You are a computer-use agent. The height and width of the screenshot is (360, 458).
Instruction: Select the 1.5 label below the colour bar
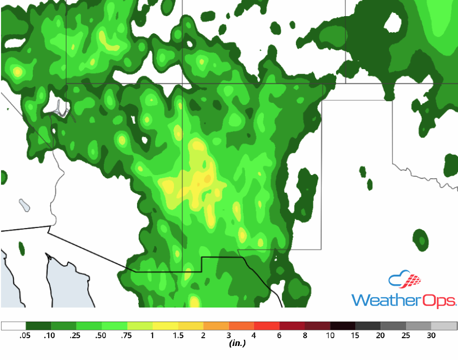pyautogui.click(x=178, y=336)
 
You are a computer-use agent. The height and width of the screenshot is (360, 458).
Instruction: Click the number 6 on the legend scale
pyautogui.click(x=279, y=336)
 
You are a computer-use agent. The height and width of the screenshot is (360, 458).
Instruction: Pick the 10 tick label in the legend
pyautogui.click(x=330, y=336)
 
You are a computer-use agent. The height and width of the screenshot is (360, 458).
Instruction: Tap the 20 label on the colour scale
pyautogui.click(x=381, y=336)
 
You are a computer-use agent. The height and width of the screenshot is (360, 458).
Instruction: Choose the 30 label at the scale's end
pyautogui.click(x=431, y=336)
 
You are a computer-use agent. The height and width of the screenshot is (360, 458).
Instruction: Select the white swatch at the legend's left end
pyautogui.click(x=14, y=326)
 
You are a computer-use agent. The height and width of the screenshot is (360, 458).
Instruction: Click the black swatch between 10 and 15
pyautogui.click(x=343, y=326)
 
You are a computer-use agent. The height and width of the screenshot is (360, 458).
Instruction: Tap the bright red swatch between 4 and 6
pyautogui.click(x=267, y=326)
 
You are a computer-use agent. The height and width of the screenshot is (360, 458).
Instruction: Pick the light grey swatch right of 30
pyautogui.click(x=444, y=326)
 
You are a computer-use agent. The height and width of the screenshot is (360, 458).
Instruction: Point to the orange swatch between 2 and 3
pyautogui.click(x=216, y=326)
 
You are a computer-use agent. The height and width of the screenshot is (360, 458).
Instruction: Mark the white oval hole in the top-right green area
pyautogui.click(x=393, y=22)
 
